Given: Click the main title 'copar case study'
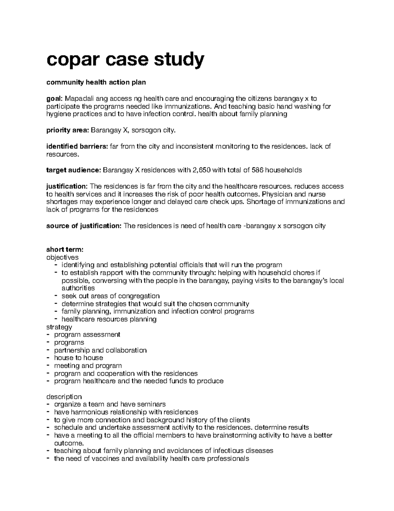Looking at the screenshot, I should point(125,60).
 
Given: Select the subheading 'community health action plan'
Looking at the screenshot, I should point(96,82).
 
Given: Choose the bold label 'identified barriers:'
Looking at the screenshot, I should point(77,146).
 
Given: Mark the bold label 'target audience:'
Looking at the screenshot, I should point(74,170).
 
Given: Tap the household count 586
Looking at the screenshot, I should point(257,170).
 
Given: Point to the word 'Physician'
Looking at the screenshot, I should point(274,194).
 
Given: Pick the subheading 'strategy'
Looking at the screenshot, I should point(59,327).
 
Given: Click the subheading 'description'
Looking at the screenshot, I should point(64,396).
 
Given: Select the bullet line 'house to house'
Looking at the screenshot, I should point(78,358).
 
